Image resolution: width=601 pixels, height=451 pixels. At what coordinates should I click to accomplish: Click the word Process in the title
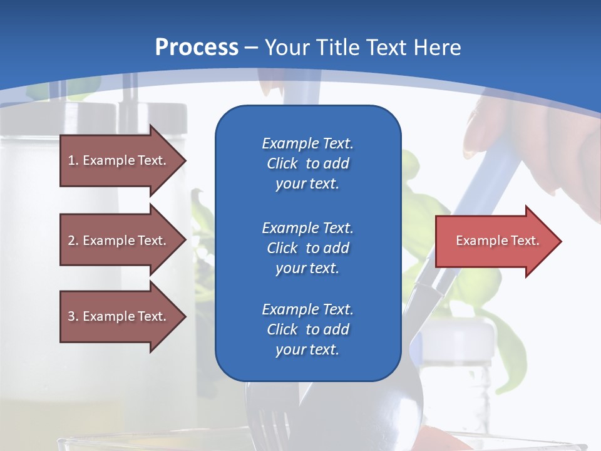(197, 48)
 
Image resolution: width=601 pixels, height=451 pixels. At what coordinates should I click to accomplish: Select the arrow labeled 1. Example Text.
(119, 160)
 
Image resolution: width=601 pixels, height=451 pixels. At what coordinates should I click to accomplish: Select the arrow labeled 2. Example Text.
(119, 241)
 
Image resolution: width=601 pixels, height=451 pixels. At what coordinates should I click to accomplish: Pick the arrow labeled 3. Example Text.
(119, 316)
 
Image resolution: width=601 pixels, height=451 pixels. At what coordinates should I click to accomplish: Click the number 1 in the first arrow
(71, 160)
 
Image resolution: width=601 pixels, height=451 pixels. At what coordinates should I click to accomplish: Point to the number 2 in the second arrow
(71, 241)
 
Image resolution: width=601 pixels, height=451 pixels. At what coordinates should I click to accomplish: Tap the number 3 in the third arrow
(71, 316)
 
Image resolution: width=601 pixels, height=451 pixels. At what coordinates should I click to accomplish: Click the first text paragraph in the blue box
(307, 163)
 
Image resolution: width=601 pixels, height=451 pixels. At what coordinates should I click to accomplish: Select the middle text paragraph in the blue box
(307, 248)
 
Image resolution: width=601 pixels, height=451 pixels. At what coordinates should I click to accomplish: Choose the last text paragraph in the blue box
(307, 329)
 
